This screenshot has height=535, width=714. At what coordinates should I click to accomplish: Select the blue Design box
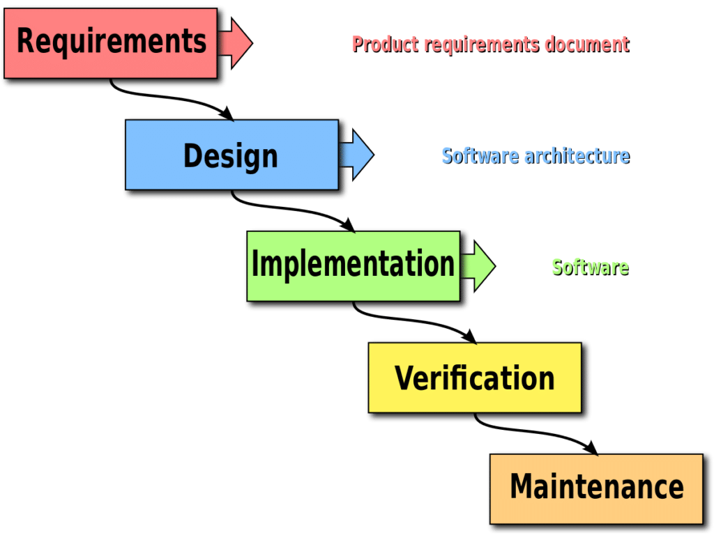[231, 155]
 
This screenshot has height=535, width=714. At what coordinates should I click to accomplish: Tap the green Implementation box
[352, 265]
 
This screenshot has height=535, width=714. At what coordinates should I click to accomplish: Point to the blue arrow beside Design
[360, 154]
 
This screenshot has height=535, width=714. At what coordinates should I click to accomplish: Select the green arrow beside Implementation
[481, 265]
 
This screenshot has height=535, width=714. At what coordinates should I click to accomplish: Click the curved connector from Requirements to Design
[167, 98]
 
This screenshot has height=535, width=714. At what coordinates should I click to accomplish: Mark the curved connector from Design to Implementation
[289, 210]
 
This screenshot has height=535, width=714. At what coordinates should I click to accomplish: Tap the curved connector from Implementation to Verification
[411, 321]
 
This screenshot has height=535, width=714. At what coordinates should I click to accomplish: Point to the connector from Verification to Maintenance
[533, 432]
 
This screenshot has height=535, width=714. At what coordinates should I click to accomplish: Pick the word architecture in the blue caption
[577, 155]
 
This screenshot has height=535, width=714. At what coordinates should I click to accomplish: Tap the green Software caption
[590, 267]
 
